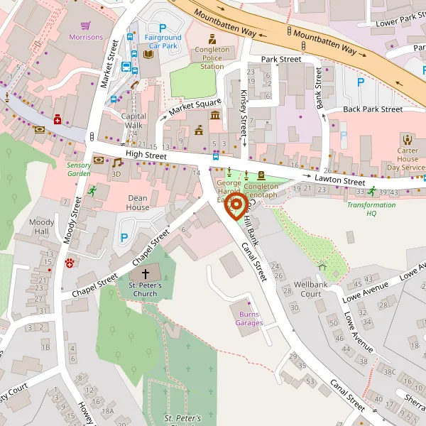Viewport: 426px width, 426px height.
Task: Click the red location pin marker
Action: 236,207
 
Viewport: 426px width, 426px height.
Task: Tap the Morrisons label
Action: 86,37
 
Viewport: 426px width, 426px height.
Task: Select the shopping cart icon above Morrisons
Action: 86,24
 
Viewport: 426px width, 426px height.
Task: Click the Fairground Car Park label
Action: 163,41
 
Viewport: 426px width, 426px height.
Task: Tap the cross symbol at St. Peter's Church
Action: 146,273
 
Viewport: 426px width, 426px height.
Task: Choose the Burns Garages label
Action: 250,318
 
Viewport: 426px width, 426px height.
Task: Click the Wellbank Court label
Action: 312,288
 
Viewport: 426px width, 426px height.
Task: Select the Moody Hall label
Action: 42,227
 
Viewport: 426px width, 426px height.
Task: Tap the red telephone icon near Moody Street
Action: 70,263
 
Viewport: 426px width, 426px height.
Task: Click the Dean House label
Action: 138,202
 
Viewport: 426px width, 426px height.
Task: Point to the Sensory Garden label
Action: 79,169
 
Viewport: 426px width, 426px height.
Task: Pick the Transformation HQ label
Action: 371,209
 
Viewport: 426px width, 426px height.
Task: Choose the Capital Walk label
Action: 133,121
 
